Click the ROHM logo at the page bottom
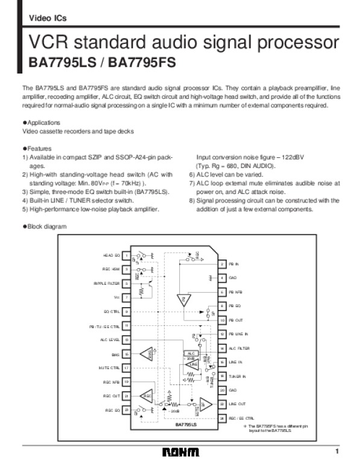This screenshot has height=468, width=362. click(x=180, y=452)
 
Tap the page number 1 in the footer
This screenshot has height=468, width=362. click(x=338, y=451)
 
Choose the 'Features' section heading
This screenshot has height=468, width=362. click(x=39, y=148)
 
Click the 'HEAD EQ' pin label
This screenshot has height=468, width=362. click(x=112, y=255)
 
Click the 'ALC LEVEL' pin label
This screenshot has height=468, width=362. click(x=110, y=340)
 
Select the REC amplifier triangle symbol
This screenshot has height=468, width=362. click(x=147, y=396)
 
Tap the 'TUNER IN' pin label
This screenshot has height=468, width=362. click(x=237, y=376)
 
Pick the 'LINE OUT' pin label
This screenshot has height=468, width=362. click(x=236, y=404)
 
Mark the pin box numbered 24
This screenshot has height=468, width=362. click(x=222, y=418)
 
